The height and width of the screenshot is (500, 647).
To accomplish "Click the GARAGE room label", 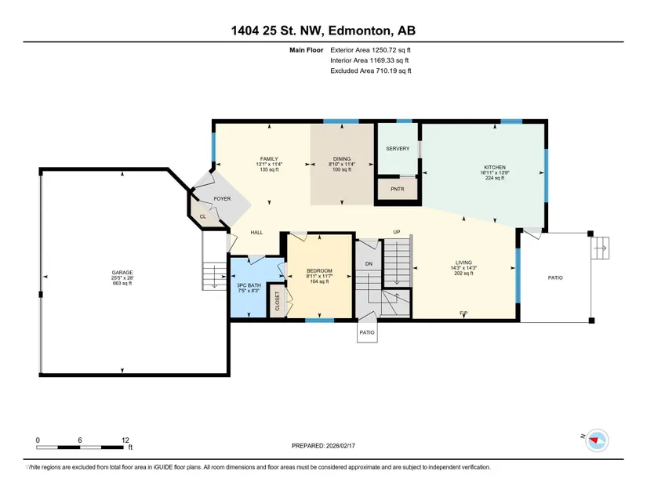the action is pyautogui.click(x=122, y=273).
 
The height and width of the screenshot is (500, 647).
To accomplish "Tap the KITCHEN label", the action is pyautogui.click(x=495, y=168).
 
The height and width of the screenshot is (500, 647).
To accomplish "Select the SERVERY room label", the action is pyautogui.click(x=398, y=148).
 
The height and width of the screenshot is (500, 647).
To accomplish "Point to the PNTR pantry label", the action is pyautogui.click(x=398, y=189).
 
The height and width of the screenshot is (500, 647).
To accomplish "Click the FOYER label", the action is pyautogui.click(x=222, y=199).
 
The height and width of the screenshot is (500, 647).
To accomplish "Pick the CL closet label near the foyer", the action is pyautogui.click(x=202, y=216).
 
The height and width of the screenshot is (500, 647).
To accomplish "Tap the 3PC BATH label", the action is pyautogui.click(x=249, y=285).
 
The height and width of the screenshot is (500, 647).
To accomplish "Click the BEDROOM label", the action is pyautogui.click(x=319, y=271).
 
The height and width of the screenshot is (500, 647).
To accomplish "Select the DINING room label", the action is pyautogui.click(x=342, y=158).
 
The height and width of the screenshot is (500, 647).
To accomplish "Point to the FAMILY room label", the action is pyautogui.click(x=269, y=158).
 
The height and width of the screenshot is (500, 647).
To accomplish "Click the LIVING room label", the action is pyautogui.click(x=463, y=263).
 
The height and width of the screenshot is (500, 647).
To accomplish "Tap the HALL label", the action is pyautogui.click(x=256, y=233).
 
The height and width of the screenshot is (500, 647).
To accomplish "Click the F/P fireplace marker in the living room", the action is pyautogui.click(x=463, y=313).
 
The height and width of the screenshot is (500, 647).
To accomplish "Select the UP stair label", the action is pyautogui.click(x=397, y=232).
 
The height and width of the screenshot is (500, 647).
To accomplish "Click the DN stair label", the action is pyautogui.click(x=369, y=264).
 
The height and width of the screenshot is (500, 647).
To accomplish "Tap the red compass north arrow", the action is pyautogui.click(x=594, y=440).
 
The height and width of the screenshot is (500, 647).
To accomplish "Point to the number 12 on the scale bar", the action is pyautogui.click(x=125, y=440).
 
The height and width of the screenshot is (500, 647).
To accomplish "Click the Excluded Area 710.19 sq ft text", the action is pyautogui.click(x=370, y=71).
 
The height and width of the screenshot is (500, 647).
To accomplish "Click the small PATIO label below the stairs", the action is pyautogui.click(x=367, y=332).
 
